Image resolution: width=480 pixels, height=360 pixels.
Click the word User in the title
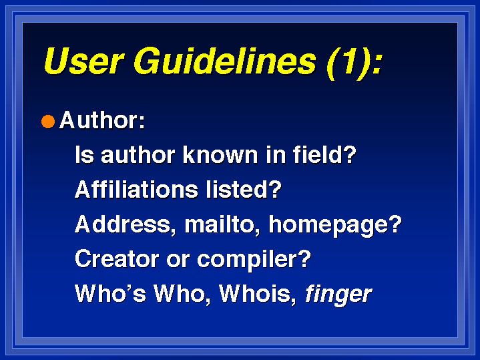click(x=84, y=61)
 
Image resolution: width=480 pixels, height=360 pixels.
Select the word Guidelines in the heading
click(x=225, y=61)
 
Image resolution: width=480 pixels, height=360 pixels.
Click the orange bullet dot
click(x=48, y=122)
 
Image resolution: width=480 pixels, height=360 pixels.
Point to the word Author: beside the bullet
click(x=102, y=120)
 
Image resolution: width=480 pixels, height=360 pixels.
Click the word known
click(x=220, y=154)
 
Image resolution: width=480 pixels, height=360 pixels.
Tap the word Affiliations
click(x=137, y=189)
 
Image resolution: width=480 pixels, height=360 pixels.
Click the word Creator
click(x=117, y=259)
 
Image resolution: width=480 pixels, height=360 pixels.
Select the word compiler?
click(x=254, y=260)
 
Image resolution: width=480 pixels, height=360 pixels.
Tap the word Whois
click(x=258, y=294)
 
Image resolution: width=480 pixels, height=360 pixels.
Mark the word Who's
click(x=111, y=293)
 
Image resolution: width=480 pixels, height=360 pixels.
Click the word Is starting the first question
click(x=85, y=154)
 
